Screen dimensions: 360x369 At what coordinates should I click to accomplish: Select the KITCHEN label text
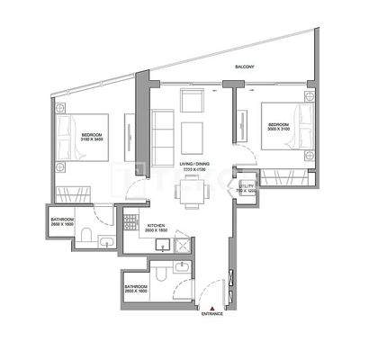156,227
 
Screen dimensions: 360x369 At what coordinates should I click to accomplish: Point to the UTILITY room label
246,186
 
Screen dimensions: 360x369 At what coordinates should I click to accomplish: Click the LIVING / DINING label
191,164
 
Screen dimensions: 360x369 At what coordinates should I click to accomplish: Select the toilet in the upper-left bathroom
85,237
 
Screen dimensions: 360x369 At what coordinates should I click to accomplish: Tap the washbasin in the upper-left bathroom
105,240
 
